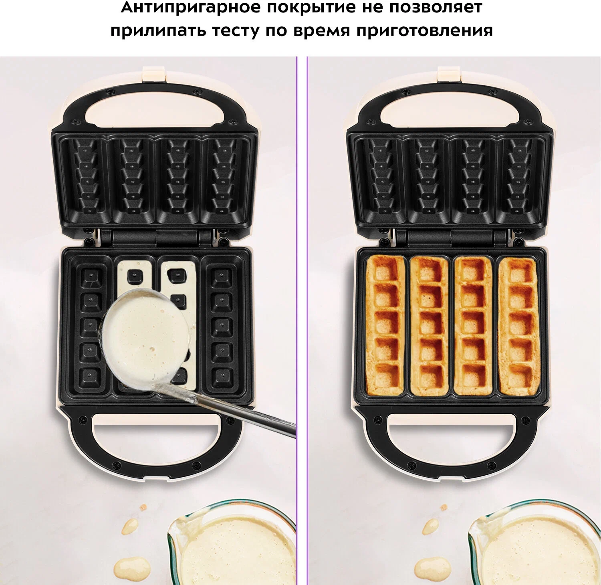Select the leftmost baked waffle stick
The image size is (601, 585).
click(385, 325)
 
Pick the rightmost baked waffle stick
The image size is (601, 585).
click(518, 325)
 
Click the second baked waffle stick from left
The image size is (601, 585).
click(429, 325)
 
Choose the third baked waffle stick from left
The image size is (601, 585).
click(473, 325)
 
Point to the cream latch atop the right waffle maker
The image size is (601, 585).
click(449, 74)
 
